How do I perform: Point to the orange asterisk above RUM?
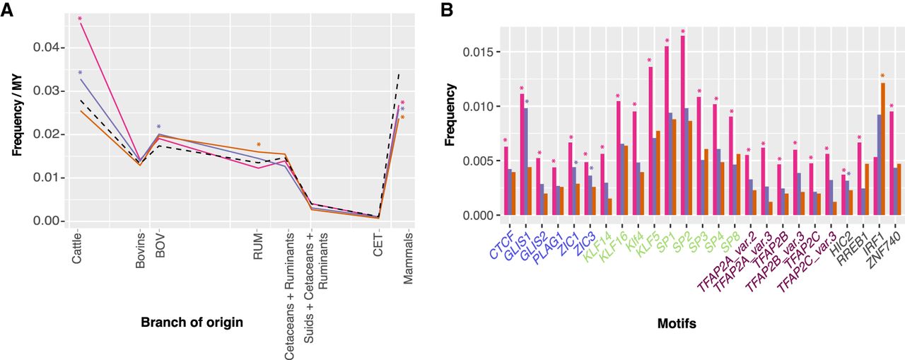[259, 145]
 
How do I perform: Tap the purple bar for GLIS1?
[525, 162]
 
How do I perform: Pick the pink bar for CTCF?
[506, 181]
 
